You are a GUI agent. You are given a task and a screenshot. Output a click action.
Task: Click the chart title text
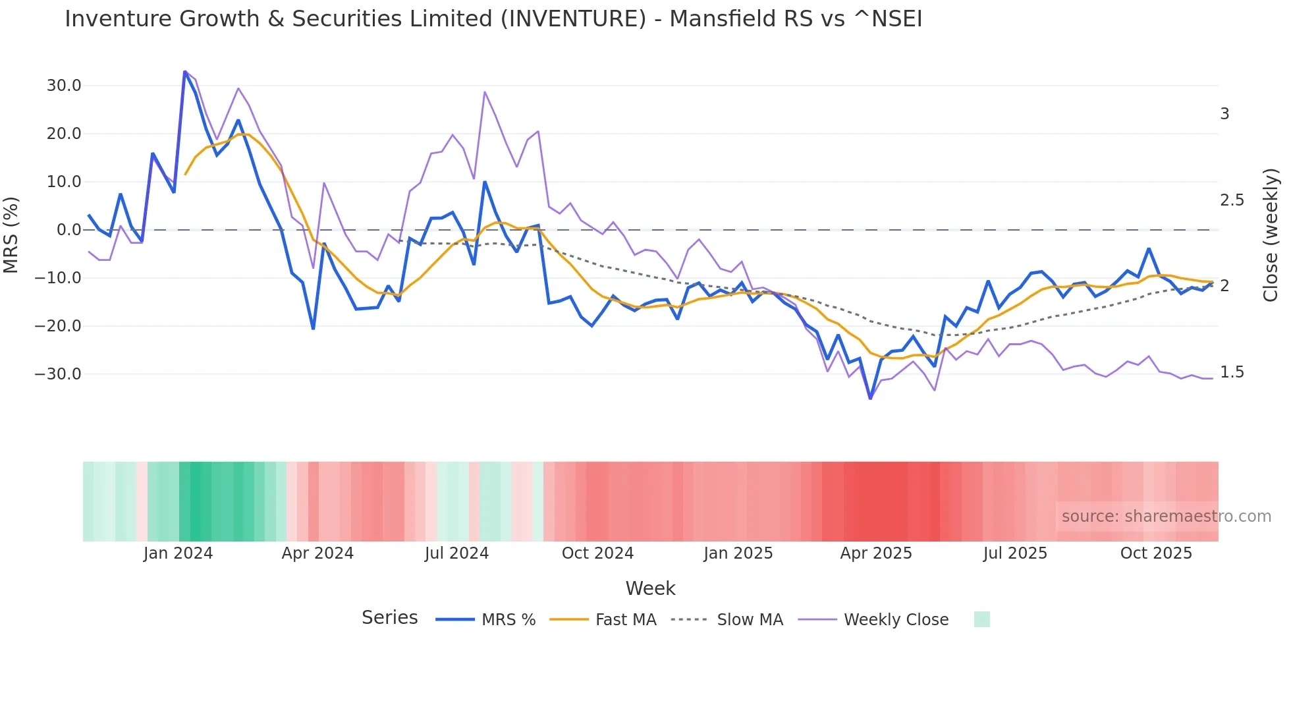pos(493,19)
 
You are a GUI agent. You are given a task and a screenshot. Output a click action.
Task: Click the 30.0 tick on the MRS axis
pos(64,86)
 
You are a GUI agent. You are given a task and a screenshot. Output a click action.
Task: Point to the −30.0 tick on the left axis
pos(58,374)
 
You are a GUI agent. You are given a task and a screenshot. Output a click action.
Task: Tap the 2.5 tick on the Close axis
pos(1232,200)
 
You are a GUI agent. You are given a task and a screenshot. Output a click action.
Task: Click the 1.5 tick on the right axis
pos(1232,372)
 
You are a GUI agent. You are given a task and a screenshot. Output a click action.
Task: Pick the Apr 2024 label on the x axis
pos(317,553)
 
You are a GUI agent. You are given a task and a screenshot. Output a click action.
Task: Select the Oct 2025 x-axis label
pos(1156,553)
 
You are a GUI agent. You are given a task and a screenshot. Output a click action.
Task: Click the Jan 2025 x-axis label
pos(738,553)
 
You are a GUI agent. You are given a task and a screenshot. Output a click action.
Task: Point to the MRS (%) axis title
pos(11,235)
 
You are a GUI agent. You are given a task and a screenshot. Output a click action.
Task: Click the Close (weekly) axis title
pos(1271,235)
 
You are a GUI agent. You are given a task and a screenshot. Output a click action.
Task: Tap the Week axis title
pos(650,588)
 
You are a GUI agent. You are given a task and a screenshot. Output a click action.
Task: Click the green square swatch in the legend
pos(981,619)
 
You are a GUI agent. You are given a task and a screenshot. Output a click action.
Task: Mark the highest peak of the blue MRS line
pos(185,71)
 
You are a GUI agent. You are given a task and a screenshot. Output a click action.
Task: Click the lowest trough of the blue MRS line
pos(870,398)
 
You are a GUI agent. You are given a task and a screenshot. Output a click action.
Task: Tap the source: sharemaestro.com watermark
pos(1166,517)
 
